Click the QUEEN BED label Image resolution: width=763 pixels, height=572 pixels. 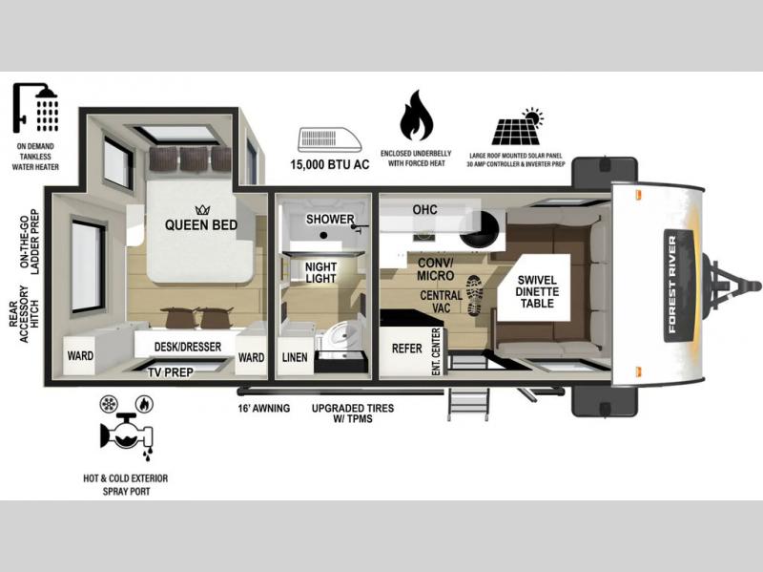point(201,224)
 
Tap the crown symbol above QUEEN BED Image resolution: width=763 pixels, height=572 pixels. point(202,209)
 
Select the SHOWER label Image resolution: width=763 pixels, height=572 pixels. point(330,220)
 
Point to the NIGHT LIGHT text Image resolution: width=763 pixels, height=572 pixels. point(320,272)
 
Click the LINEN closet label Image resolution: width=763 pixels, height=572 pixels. point(295,357)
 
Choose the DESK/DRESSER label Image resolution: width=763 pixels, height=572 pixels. point(187,347)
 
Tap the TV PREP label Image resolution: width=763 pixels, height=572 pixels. point(171,372)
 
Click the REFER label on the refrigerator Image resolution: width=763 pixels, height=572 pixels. point(407,349)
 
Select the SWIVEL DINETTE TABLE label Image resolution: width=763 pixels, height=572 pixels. point(537,291)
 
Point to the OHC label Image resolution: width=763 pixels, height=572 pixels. point(424,209)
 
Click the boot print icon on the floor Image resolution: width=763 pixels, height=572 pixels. point(474,295)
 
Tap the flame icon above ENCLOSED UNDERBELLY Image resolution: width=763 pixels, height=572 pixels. point(416,116)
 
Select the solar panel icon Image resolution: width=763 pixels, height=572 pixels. point(517,127)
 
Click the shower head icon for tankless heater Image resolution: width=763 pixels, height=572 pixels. point(35,108)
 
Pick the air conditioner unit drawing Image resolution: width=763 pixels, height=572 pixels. point(329,140)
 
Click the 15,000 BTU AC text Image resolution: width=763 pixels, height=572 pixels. point(329,164)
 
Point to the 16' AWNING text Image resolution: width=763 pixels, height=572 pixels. point(264,409)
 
